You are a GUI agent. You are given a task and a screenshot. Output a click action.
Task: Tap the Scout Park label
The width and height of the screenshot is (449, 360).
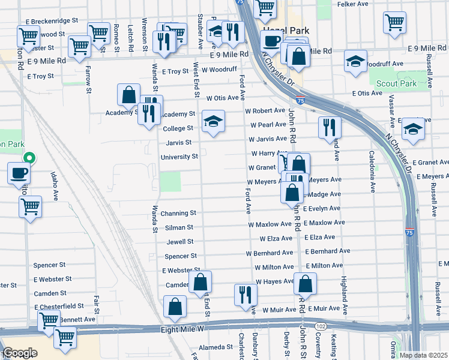(396, 84)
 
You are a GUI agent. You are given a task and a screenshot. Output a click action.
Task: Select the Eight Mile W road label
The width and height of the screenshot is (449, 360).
(182, 329)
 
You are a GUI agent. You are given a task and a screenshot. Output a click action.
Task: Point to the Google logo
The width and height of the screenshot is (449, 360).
(20, 353)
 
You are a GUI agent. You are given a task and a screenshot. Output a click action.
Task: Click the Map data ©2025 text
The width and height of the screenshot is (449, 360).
(424, 355)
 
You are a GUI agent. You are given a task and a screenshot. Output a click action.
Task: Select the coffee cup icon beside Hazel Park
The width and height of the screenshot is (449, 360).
(271, 42)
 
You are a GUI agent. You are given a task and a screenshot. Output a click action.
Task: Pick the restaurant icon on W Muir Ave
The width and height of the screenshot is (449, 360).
(246, 294)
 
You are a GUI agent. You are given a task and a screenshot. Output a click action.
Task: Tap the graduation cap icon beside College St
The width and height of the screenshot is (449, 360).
(213, 122)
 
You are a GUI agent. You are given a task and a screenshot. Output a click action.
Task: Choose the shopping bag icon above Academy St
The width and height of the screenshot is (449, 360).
(128, 94)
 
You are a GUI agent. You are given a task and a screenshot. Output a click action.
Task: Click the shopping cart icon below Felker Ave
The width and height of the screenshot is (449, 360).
(394, 22)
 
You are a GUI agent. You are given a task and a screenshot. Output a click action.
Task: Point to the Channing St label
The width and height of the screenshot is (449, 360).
(178, 213)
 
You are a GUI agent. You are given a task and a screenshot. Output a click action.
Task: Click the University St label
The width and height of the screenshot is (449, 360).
(179, 157)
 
